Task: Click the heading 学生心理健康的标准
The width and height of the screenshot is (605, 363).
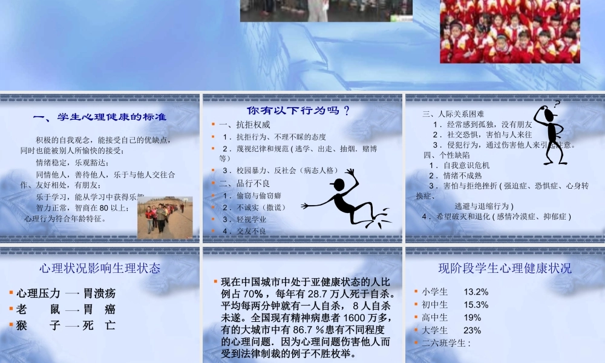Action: [99, 117]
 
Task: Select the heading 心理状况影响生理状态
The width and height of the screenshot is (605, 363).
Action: [99, 267]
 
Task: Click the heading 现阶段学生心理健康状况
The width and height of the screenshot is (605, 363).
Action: [505, 267]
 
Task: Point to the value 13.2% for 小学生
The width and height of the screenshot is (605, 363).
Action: [476, 292]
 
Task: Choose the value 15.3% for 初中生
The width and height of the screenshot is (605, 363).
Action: [476, 304]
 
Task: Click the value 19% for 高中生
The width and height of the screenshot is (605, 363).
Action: [473, 317]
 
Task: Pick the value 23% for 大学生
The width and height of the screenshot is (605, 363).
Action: [473, 330]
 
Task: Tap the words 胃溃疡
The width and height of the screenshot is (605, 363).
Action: [99, 293]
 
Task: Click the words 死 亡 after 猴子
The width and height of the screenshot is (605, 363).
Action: [99, 325]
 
